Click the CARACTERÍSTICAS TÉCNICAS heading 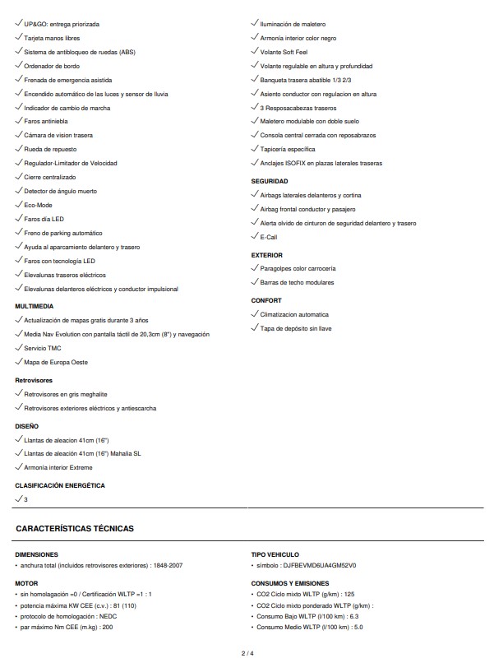pos(75,528)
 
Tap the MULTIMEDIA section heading pos(35,306)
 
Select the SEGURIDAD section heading pos(269,180)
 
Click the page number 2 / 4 pos(247,653)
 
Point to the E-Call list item pos(268,237)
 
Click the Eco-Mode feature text pos(38,205)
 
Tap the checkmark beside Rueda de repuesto pos(19,148)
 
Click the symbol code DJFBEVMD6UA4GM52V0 pos(326,565)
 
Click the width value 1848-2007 pos(170,565)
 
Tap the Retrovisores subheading pos(34,380)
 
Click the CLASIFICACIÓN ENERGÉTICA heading pos(60,485)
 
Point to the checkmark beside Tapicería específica pos(255,148)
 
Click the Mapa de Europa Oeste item pos(56,362)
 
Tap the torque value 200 pos(108,627)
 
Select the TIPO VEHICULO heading pos(275,554)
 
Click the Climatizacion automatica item pos(293,314)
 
